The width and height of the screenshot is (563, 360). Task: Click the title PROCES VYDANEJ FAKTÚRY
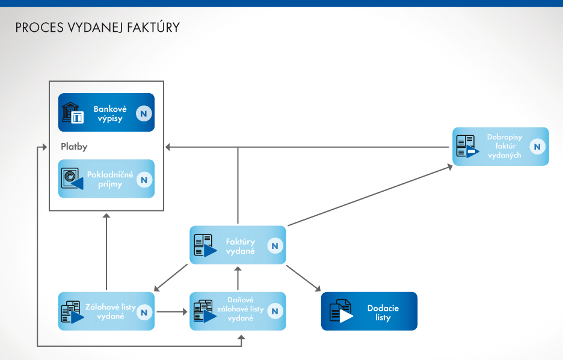[x=97, y=28]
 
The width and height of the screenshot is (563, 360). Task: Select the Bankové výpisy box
[x=106, y=113]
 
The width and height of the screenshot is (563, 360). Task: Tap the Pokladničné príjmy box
[x=106, y=179]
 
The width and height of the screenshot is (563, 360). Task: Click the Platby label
[x=75, y=146]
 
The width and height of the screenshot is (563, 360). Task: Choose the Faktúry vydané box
[x=238, y=245]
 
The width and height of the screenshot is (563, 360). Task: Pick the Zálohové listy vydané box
[x=106, y=311]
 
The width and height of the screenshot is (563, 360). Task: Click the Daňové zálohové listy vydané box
[x=238, y=311]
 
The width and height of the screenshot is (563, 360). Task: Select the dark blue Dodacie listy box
[x=369, y=311]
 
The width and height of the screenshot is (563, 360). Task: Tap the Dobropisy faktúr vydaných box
[x=500, y=147]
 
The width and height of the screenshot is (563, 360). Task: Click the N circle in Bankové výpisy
[x=144, y=113]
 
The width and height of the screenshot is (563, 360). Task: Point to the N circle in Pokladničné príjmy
[x=144, y=179]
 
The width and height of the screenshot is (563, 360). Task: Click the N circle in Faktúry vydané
[x=275, y=245]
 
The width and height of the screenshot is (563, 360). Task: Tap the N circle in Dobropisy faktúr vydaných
[x=538, y=147]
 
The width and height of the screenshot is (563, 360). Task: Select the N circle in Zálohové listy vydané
[x=144, y=311]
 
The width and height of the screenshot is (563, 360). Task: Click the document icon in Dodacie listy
[x=340, y=311]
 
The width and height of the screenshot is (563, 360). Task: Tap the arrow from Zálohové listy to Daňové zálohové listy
[x=171, y=311]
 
